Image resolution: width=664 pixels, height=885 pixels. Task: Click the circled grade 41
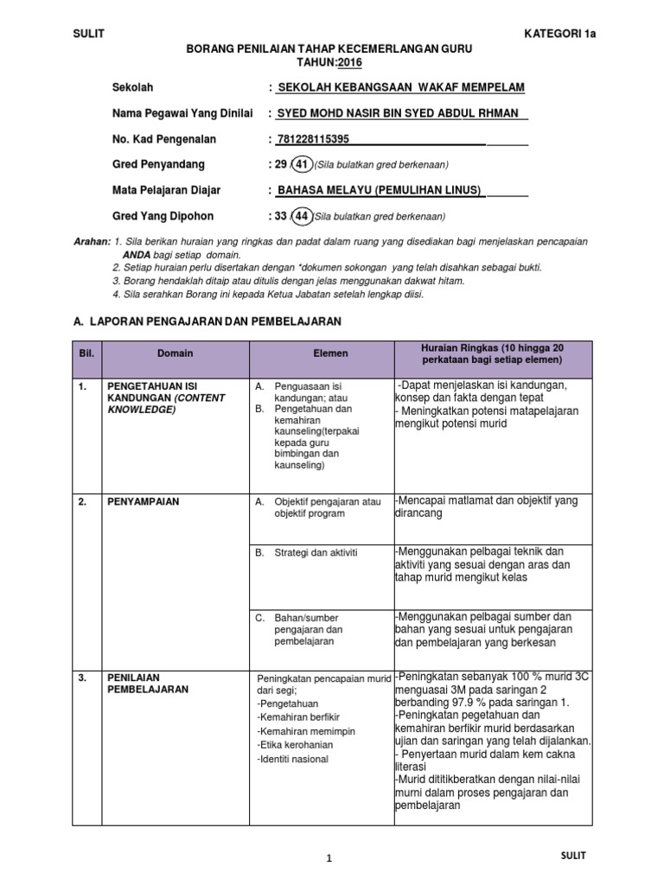[302, 164]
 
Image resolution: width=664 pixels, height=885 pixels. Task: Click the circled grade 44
[302, 216]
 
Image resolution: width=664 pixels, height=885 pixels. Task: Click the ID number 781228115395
[314, 139]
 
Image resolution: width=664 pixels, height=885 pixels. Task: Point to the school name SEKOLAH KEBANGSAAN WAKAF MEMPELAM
[399, 87]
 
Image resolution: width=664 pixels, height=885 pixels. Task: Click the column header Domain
[176, 353]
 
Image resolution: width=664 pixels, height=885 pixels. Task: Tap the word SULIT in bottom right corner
[572, 856]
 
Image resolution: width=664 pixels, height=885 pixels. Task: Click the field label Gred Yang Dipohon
[163, 216]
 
